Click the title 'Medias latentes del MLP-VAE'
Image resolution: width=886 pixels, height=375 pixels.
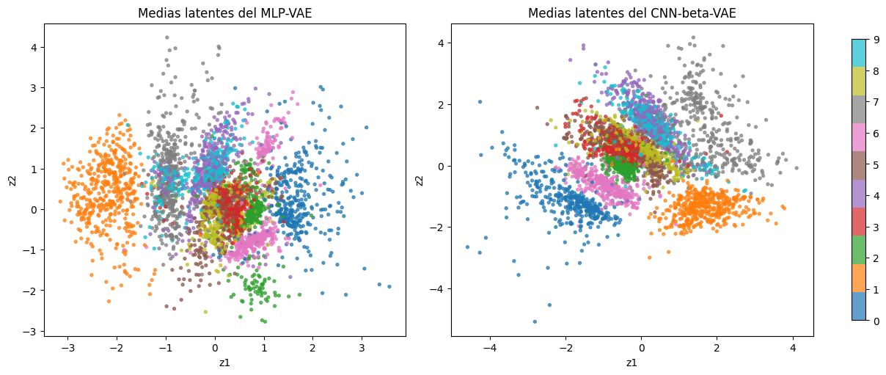224,13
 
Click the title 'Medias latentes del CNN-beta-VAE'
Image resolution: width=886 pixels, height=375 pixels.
632,13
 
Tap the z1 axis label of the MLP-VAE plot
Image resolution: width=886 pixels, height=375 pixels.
224,363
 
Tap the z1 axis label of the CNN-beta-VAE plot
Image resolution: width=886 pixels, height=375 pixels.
631,363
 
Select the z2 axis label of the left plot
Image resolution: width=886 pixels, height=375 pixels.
12,181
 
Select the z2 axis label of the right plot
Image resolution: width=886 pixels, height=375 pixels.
420,181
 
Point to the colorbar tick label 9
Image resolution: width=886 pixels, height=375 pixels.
876,40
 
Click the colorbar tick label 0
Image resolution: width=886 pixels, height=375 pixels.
876,321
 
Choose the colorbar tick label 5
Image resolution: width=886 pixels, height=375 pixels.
876,164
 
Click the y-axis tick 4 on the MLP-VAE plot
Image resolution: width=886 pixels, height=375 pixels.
34,48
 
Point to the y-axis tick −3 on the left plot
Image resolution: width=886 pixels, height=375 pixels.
31,331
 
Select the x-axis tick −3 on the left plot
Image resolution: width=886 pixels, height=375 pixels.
67,348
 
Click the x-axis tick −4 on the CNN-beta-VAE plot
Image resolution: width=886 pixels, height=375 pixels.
490,348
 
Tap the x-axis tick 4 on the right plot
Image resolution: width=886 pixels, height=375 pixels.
793,348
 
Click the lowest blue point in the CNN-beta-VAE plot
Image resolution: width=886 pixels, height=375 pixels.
535,321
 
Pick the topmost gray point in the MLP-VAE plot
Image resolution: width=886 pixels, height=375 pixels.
167,37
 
